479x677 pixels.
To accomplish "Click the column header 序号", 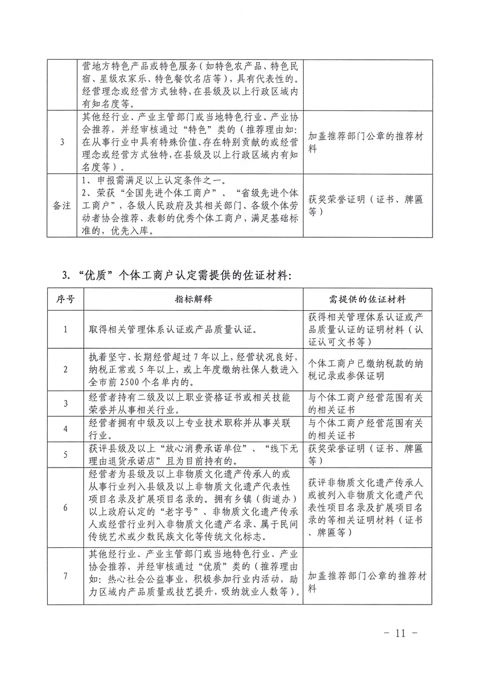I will (65, 299).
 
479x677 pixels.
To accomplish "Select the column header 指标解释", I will (194, 299).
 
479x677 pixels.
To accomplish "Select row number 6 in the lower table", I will (65, 507).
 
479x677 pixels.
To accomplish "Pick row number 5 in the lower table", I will (65, 454).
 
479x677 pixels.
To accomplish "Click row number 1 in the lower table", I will (65, 329).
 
